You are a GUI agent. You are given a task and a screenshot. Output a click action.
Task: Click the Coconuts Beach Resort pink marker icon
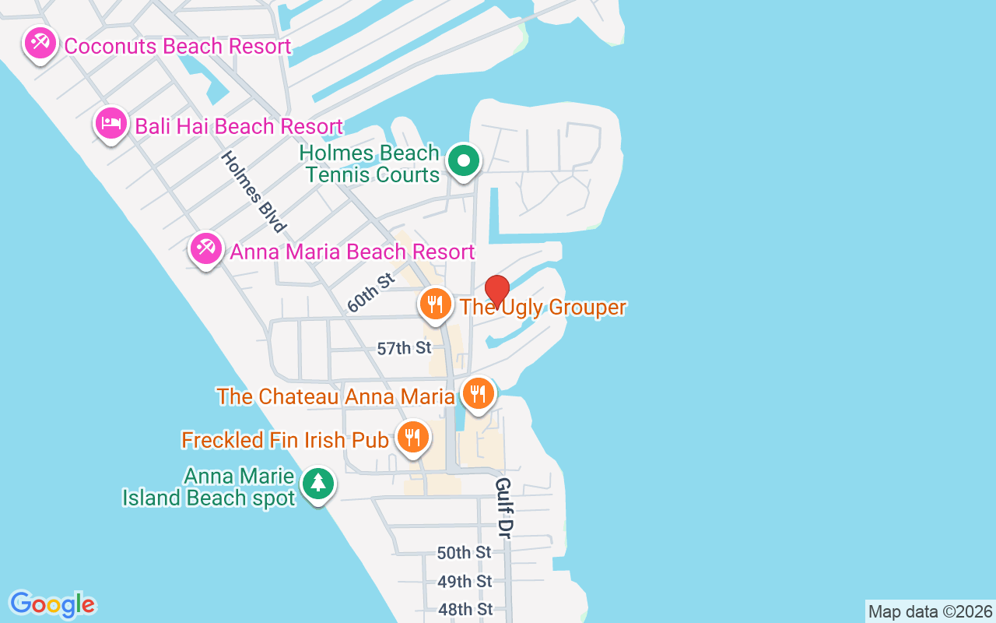[39, 43]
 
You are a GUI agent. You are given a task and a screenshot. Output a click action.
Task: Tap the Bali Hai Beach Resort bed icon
[111, 123]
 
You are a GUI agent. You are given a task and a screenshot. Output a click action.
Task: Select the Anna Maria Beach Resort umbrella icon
[206, 248]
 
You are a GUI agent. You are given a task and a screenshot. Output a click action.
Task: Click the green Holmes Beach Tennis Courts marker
[464, 161]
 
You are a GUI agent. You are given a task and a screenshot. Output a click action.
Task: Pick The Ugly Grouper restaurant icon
[436, 304]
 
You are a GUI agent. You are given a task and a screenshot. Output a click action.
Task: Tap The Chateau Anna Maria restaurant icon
[478, 393]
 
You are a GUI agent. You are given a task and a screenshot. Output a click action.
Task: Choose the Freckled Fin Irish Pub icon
[412, 437]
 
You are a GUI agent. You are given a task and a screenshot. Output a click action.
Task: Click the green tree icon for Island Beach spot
[317, 484]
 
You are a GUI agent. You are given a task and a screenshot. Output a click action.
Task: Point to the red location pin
[496, 291]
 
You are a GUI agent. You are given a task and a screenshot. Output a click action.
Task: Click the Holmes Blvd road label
[253, 192]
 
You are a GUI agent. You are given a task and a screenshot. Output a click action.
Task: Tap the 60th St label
[372, 293]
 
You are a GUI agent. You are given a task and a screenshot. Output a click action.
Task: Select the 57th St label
[404, 348]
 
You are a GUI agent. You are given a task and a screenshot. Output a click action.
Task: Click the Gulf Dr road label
[504, 507]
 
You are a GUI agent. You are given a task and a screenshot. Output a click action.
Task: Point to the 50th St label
[464, 553]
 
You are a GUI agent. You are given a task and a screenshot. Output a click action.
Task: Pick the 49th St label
[464, 582]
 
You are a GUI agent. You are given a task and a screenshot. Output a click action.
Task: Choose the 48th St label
[465, 609]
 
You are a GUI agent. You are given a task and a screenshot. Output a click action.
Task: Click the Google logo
[52, 604]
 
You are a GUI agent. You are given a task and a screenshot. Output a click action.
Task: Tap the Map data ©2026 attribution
[930, 611]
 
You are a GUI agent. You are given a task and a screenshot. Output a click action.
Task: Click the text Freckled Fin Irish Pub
[285, 440]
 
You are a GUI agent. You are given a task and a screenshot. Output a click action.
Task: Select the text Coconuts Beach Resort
[177, 46]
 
